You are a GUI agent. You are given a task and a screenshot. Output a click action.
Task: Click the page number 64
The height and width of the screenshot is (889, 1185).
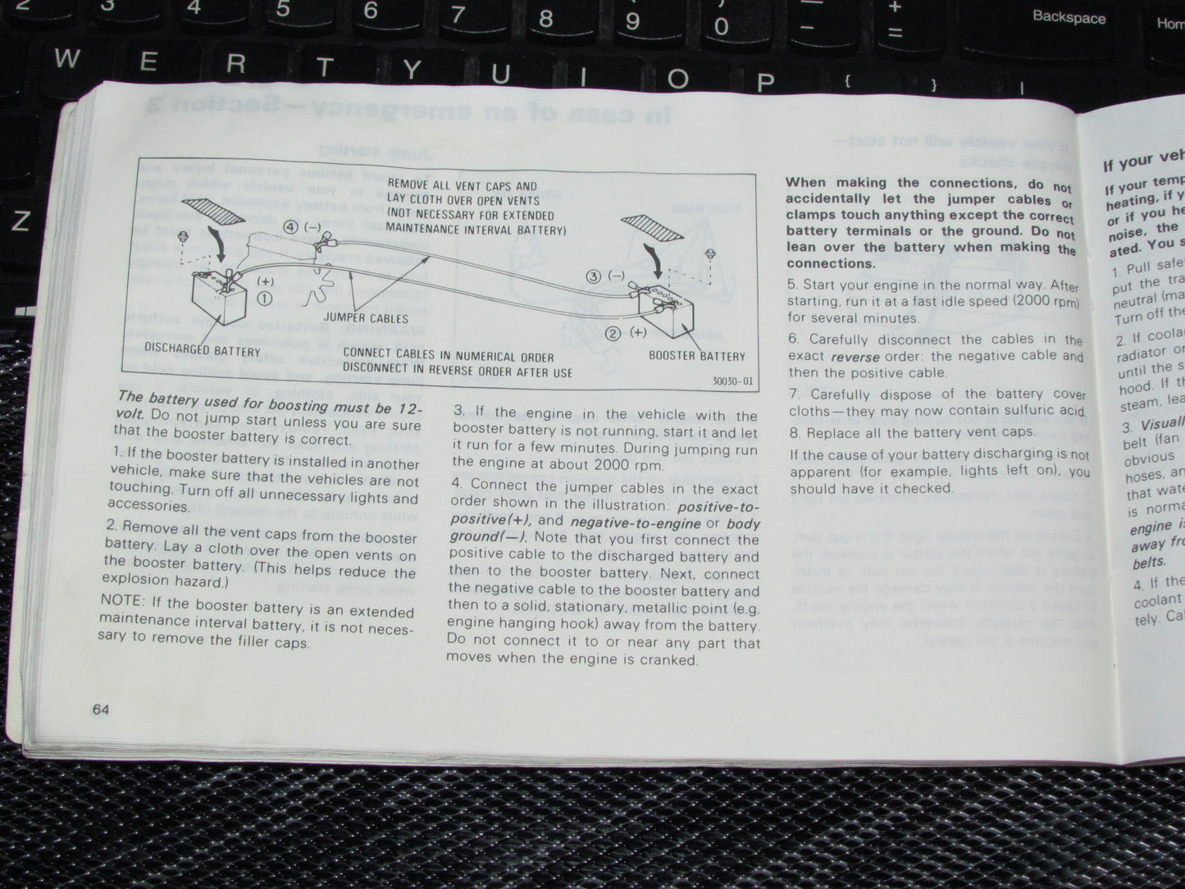tap(102, 710)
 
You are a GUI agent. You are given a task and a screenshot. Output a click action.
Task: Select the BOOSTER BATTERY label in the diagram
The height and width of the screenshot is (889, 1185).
tap(697, 356)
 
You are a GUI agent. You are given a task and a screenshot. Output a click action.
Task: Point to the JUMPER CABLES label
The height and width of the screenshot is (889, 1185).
tap(366, 317)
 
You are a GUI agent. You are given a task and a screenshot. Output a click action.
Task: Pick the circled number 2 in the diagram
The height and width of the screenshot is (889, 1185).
tap(613, 333)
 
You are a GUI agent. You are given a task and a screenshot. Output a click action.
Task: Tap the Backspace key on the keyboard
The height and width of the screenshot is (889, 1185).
tap(1068, 16)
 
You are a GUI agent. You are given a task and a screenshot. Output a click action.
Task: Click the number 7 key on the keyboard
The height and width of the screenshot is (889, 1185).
tap(458, 14)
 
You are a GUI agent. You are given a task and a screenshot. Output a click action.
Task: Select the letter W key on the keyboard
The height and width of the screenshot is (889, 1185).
tap(69, 59)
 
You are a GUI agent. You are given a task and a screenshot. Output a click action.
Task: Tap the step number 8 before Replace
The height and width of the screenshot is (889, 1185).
tap(794, 433)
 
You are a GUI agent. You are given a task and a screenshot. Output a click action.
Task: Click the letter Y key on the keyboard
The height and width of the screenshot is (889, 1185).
tap(413, 71)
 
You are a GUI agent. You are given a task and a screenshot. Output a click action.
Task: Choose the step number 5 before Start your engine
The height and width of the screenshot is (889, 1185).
tap(792, 285)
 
